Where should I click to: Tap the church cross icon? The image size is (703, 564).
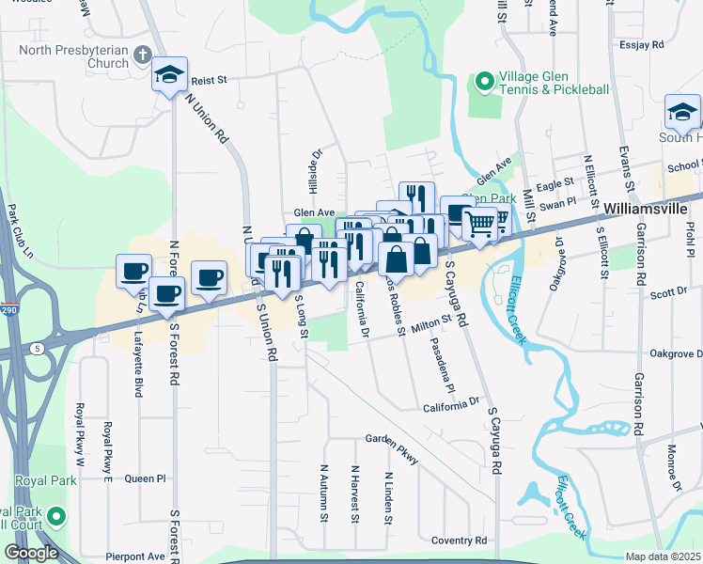pyautogui.click(x=144, y=55)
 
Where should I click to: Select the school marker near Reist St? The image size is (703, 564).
pyautogui.click(x=169, y=75)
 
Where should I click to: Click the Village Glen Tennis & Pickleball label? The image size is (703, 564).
pyautogui.click(x=554, y=83)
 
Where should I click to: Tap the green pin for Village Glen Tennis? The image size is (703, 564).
pyautogui.click(x=484, y=83)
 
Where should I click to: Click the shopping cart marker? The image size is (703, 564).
pyautogui.click(x=479, y=225)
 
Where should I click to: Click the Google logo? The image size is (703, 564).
pyautogui.click(x=31, y=553)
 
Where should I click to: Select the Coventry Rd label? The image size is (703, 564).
pyautogui.click(x=459, y=540)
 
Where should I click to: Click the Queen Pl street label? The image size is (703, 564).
pyautogui.click(x=145, y=478)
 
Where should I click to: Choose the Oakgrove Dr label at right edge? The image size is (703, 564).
pyautogui.click(x=676, y=353)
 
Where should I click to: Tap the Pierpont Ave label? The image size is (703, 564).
pyautogui.click(x=135, y=556)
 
